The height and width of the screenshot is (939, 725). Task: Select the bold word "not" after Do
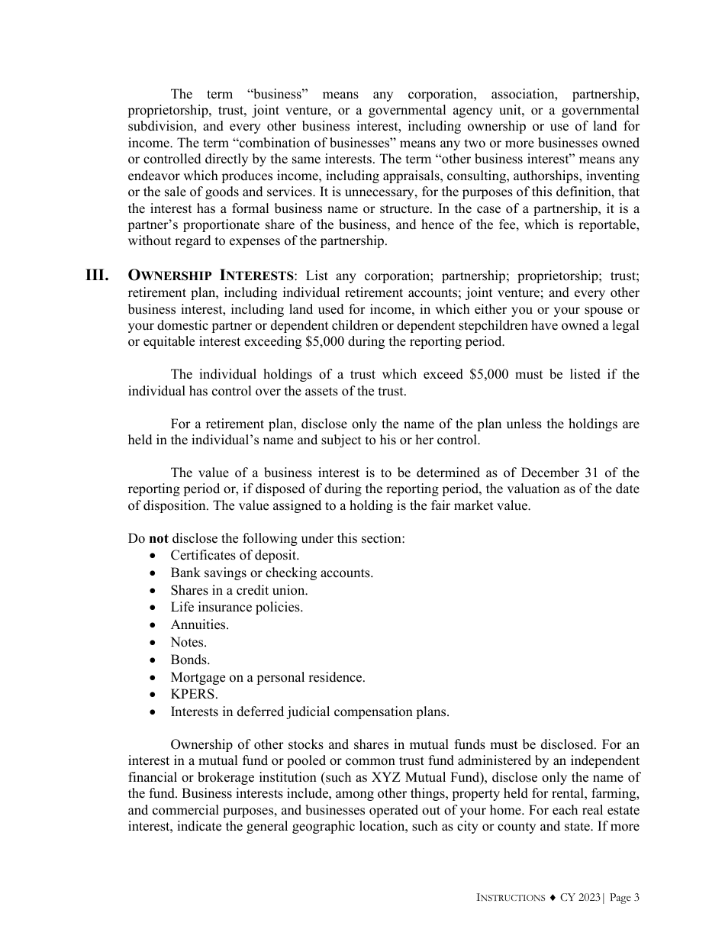[158, 538]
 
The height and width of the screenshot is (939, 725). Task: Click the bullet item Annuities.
[199, 624]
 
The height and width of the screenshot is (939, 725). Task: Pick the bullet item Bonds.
[190, 660]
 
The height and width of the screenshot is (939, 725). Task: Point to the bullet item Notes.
[188, 642]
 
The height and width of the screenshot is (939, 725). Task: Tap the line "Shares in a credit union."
[239, 590]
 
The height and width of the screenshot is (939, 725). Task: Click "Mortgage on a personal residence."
[267, 677]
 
